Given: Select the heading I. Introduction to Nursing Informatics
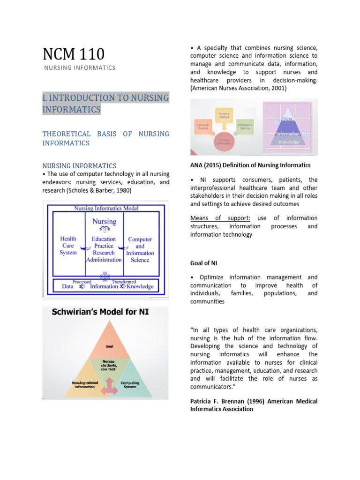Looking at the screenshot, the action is click(105, 104).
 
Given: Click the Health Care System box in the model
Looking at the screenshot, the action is click(68, 246).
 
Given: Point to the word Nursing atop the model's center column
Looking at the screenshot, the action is click(104, 221).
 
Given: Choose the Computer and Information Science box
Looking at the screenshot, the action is click(140, 249).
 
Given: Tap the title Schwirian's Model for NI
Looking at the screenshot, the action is click(96, 311).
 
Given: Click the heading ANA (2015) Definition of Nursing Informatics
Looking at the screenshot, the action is click(250, 165).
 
